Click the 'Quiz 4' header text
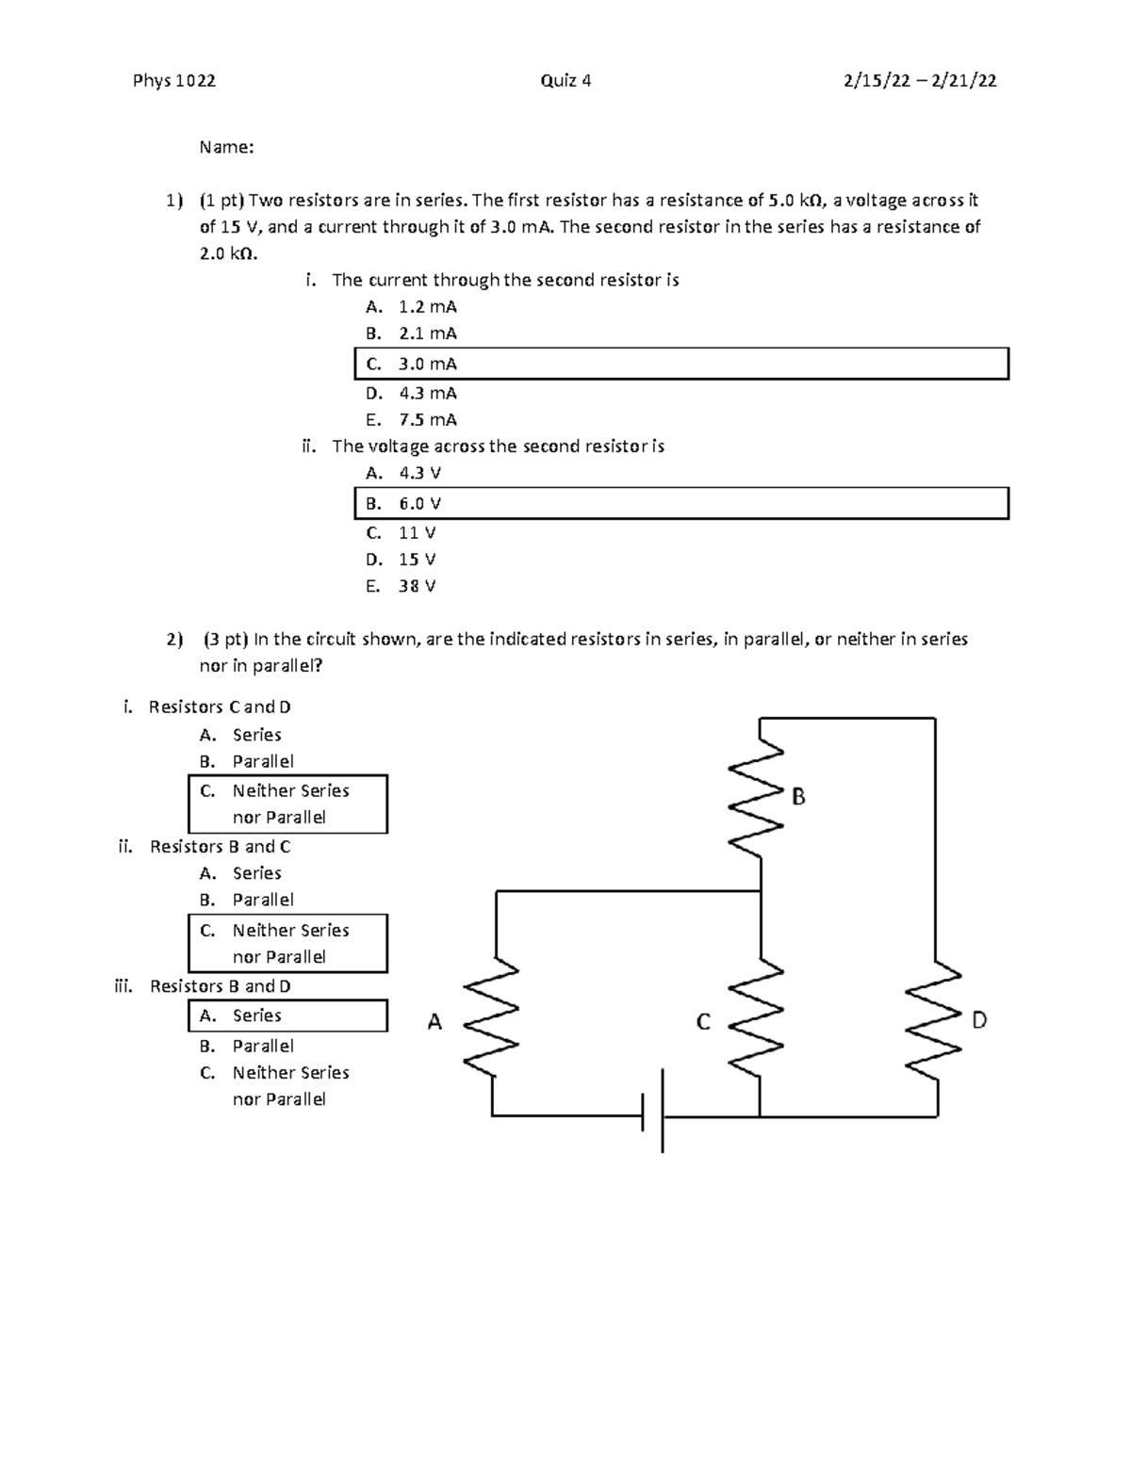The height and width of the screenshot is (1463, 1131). (x=565, y=81)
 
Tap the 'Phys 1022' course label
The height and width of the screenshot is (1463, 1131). (x=174, y=81)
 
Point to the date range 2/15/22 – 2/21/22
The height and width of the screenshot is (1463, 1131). (x=920, y=81)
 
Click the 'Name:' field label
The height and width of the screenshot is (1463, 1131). (x=226, y=147)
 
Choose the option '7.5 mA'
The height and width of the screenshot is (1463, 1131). (x=427, y=420)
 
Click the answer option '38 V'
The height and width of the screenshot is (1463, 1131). (x=417, y=586)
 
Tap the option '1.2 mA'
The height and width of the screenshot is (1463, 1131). (x=427, y=307)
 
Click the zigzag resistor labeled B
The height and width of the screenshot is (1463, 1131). (x=761, y=796)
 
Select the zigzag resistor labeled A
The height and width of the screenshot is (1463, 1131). (x=492, y=1017)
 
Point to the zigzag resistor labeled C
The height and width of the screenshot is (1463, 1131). (x=760, y=1017)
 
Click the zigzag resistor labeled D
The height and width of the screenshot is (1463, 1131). (x=935, y=1017)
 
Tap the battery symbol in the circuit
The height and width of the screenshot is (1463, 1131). (x=652, y=1112)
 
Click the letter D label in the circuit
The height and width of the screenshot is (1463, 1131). (x=979, y=1020)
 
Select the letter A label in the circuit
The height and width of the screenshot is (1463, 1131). (x=434, y=1022)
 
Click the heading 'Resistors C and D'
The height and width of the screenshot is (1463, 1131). (x=220, y=707)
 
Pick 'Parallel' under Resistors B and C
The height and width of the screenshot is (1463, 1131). (x=263, y=900)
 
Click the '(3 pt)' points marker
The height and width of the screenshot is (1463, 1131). (x=224, y=640)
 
